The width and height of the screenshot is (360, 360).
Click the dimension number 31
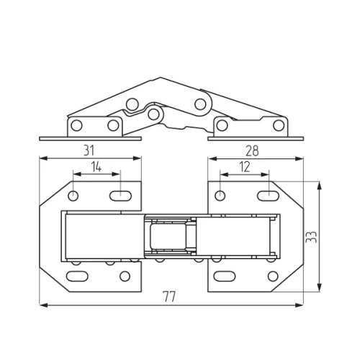tap(89, 150)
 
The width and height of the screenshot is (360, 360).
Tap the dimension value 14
tap(96, 166)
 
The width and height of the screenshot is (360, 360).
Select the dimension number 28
tap(252, 151)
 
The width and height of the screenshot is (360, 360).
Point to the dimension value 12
tap(245, 167)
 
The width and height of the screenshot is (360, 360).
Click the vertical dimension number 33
tap(312, 237)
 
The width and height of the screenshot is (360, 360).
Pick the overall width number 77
tap(169, 297)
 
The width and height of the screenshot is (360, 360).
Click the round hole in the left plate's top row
tap(73, 196)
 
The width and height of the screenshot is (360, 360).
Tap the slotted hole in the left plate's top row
tap(120, 196)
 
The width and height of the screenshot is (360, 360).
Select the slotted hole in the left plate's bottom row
tap(77, 276)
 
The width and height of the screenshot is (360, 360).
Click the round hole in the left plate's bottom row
tap(125, 276)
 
